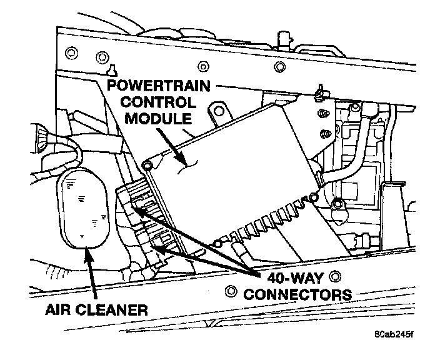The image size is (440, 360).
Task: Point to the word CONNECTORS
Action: [297, 294]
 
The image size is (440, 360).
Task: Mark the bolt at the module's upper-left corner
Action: [147, 165]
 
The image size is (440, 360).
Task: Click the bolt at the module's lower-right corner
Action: [337, 202]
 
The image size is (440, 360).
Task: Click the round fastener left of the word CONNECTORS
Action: [231, 291]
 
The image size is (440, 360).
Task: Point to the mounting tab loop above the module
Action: [218, 113]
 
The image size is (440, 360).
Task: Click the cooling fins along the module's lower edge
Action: [262, 222]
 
